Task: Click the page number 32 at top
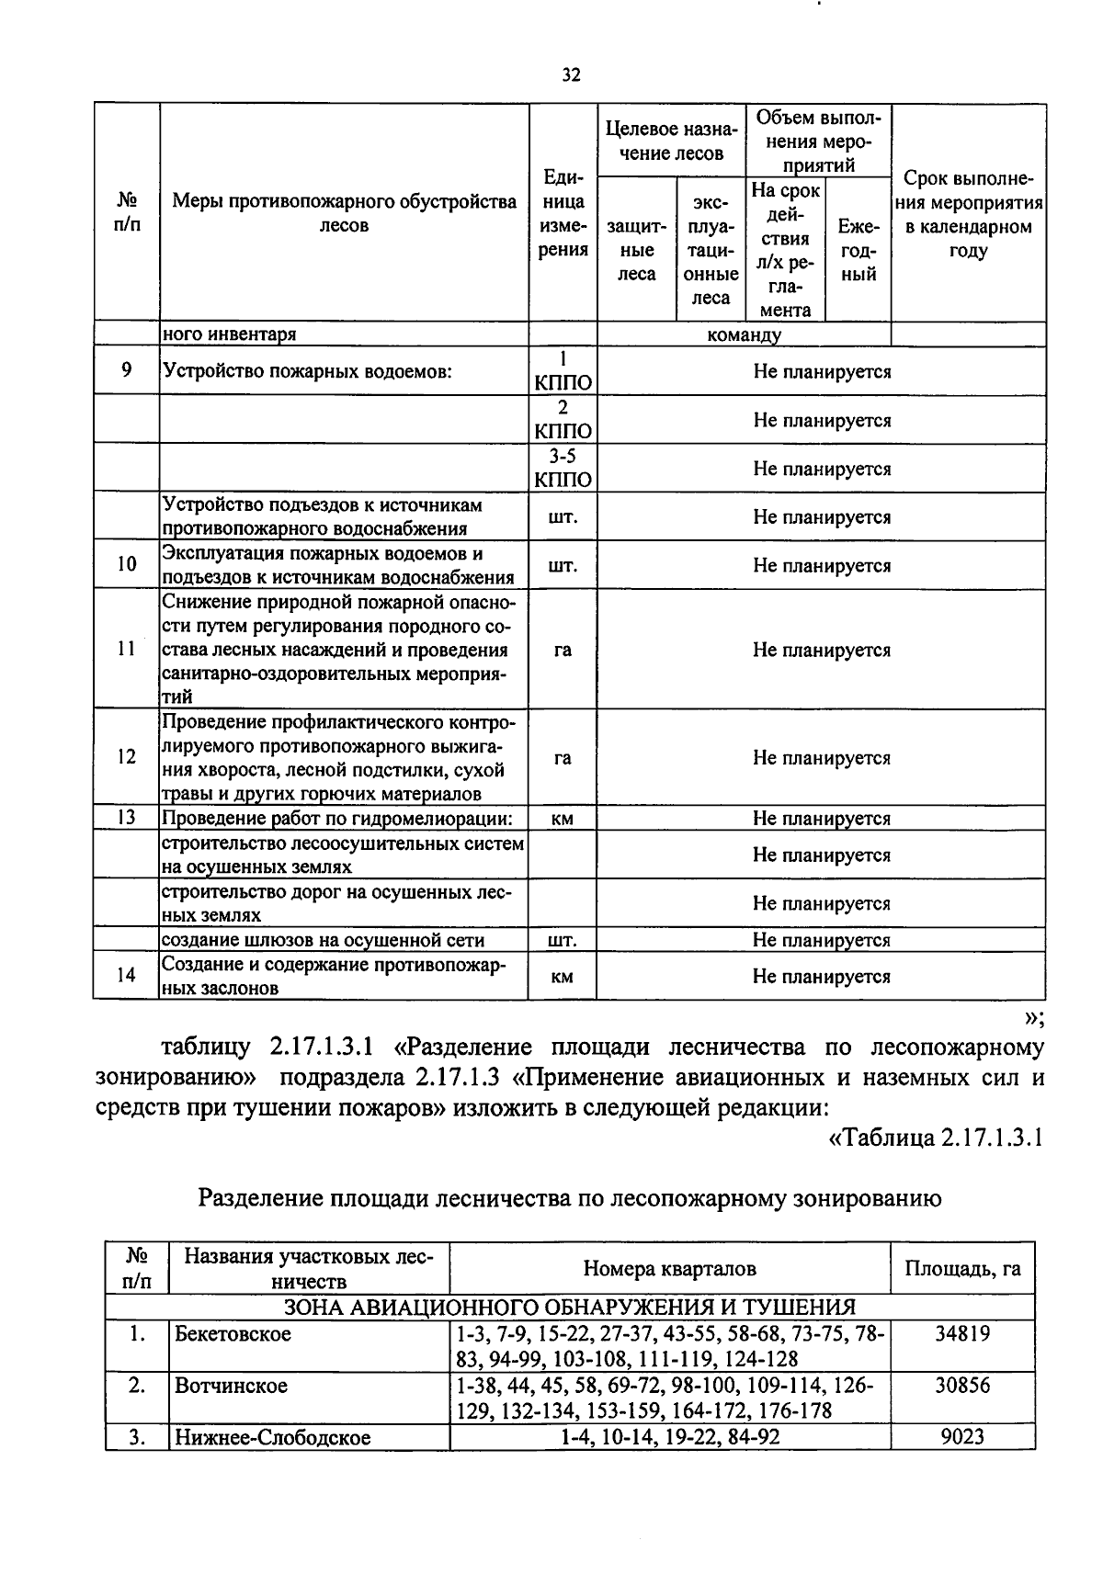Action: tap(570, 76)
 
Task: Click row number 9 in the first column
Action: tap(126, 370)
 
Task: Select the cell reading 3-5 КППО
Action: tap(563, 468)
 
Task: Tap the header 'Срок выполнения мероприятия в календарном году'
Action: tap(968, 214)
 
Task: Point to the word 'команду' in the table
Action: tap(744, 334)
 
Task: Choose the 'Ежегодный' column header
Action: tap(859, 250)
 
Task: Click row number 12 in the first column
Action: tap(126, 757)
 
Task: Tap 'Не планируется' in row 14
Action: tap(821, 976)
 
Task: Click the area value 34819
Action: tap(962, 1333)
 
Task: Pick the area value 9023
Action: tap(962, 1435)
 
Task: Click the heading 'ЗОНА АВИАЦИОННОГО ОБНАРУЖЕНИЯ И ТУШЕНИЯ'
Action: tap(570, 1307)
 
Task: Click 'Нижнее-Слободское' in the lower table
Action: tap(272, 1437)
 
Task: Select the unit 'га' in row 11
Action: tap(563, 650)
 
